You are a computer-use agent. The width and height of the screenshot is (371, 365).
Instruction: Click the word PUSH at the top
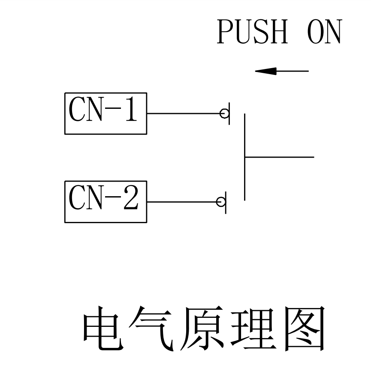[x=252, y=32]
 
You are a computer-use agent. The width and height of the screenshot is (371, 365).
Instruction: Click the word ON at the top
[x=325, y=32]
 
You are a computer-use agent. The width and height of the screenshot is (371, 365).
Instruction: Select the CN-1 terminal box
[x=106, y=113]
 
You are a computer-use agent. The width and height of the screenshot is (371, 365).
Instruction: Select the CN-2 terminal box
[x=106, y=202]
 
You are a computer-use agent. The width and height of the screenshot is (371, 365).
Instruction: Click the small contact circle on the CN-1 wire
[x=224, y=114]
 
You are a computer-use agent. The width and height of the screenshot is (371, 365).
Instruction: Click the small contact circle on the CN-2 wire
[x=221, y=202]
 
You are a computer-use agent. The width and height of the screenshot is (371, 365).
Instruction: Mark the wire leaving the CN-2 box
[x=182, y=202]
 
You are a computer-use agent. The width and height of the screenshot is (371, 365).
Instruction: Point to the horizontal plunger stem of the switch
[x=279, y=157]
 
